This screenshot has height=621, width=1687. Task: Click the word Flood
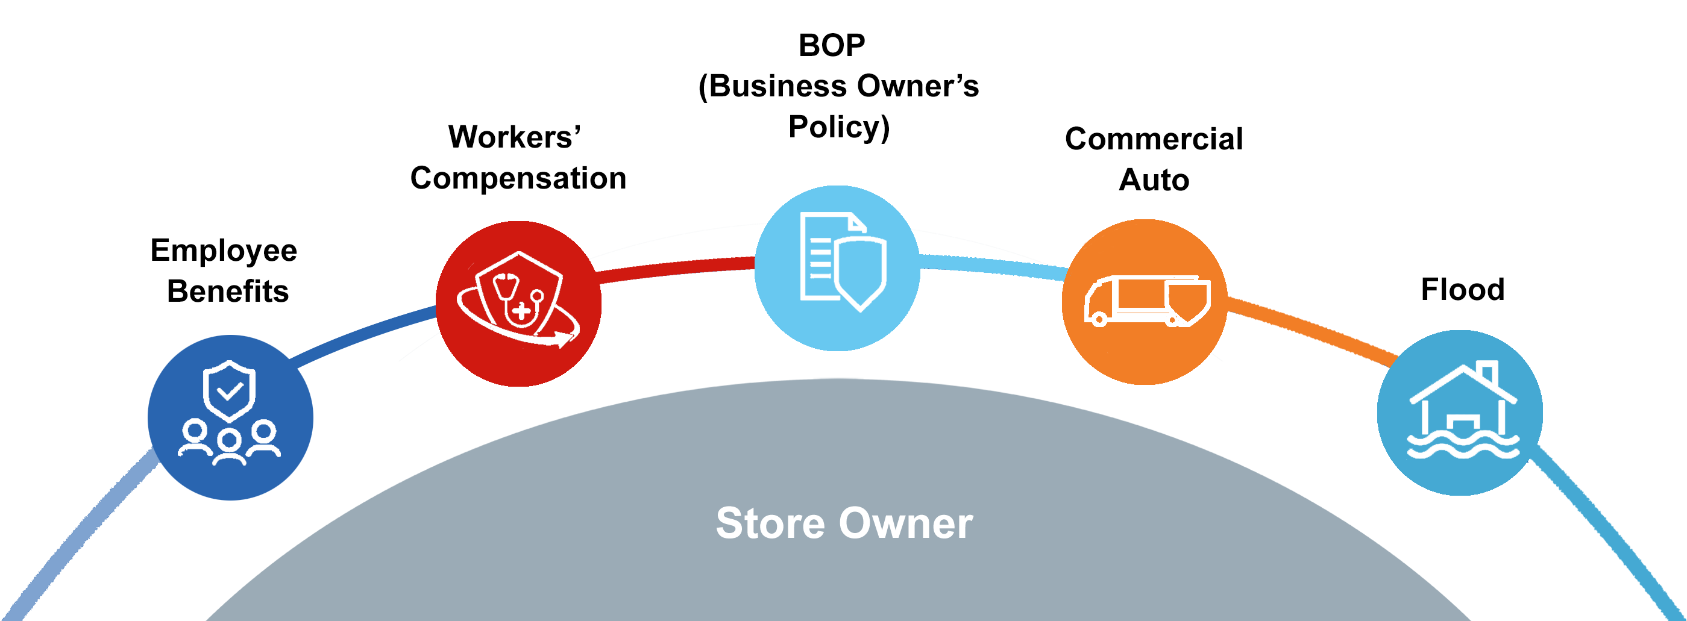tap(1462, 289)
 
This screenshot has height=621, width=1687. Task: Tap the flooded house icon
tap(1462, 412)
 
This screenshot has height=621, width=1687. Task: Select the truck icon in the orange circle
tap(1146, 301)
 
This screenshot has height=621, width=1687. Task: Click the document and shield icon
tap(842, 262)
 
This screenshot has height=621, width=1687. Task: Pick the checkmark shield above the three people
tap(228, 391)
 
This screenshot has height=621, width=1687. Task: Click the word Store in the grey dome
tap(770, 523)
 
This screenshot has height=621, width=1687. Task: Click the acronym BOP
tap(831, 46)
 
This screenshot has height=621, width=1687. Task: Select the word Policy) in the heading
tap(839, 127)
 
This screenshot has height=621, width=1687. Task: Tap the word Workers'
tap(514, 137)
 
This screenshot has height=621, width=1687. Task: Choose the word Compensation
tap(518, 178)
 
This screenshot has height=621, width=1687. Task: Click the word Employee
tap(224, 251)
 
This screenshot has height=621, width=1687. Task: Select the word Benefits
tap(227, 291)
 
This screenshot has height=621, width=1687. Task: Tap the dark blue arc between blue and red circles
tap(363, 334)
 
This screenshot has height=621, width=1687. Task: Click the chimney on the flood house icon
tap(1487, 372)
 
